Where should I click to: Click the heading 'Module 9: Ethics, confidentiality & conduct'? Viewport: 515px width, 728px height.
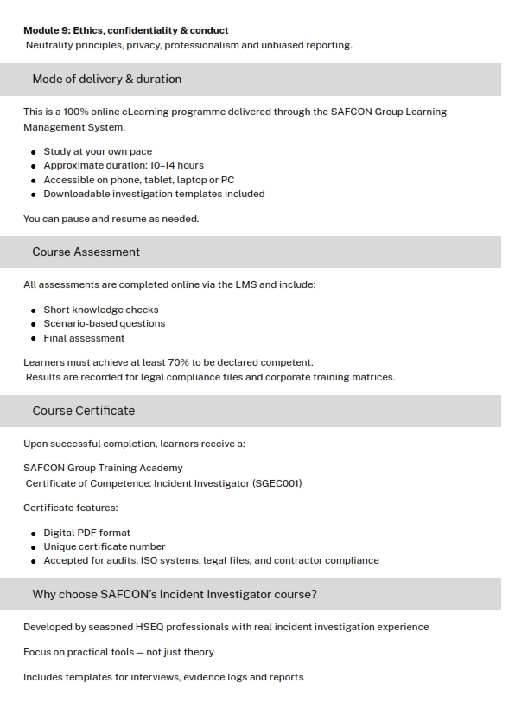(126, 30)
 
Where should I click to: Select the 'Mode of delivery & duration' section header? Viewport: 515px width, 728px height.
(107, 79)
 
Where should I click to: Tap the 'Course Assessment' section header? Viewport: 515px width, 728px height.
(86, 252)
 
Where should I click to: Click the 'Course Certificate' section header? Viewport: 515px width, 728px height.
(84, 411)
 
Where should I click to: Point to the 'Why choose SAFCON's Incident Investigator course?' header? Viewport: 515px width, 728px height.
(175, 594)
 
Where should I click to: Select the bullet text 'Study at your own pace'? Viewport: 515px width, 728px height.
(98, 151)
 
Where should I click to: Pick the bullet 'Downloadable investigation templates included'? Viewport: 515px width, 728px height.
(154, 194)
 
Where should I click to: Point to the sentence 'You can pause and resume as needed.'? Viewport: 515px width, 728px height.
(111, 219)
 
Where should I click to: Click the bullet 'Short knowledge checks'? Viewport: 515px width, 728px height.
(101, 310)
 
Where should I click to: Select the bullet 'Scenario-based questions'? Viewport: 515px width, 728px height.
(105, 323)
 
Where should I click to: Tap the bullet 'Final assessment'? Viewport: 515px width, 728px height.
(84, 338)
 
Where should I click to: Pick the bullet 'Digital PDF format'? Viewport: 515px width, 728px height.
(87, 533)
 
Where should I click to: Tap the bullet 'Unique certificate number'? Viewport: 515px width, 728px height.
(105, 546)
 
